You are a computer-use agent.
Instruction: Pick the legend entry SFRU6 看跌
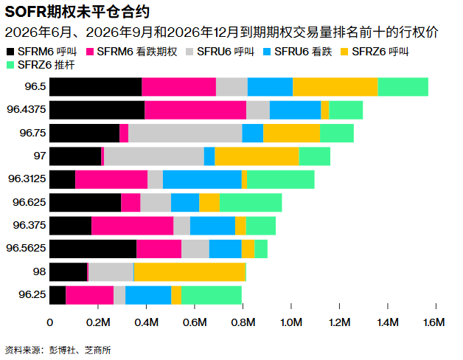coord(306,52)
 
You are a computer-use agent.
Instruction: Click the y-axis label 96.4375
coord(27,110)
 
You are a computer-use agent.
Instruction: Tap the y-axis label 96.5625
coord(27,249)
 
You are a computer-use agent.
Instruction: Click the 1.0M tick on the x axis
coord(291,322)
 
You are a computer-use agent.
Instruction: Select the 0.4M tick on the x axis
coord(146,322)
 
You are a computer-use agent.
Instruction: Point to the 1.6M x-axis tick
coord(436,322)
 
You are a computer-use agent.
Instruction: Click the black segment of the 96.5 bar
coord(96,87)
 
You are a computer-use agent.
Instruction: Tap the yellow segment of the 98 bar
coord(189,271)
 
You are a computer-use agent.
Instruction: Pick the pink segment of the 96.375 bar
coord(132,226)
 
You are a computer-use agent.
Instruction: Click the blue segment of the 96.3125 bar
coord(202,179)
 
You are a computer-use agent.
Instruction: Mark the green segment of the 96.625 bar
coord(251,202)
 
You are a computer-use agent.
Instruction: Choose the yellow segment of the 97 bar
coord(257,156)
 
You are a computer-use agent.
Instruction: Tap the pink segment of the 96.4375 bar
coord(195,110)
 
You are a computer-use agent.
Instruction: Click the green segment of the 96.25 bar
coord(212,295)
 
